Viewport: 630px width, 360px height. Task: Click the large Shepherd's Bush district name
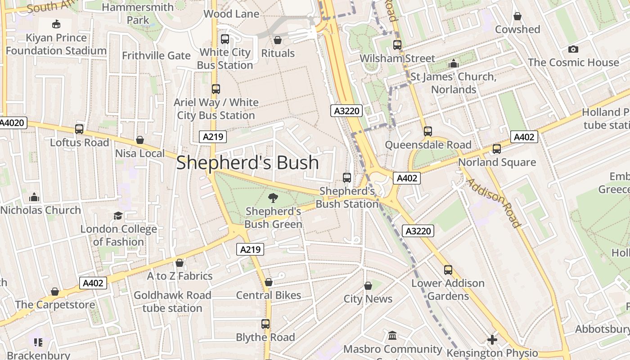click(x=247, y=162)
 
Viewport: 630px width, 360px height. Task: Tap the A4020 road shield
click(x=13, y=123)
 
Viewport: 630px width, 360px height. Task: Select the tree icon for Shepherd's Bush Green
click(x=273, y=198)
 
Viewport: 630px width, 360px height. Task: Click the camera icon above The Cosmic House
click(x=573, y=49)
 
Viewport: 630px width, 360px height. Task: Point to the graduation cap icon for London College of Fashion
click(x=118, y=216)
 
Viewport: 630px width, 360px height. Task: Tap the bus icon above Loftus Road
click(x=79, y=129)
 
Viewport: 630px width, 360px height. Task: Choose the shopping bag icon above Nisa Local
click(x=140, y=140)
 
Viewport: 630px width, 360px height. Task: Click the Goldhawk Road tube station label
click(x=172, y=301)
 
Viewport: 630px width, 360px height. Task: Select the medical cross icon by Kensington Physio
click(x=492, y=340)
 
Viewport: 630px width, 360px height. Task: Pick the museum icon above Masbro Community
click(x=392, y=336)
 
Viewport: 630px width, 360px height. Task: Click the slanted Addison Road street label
click(x=493, y=202)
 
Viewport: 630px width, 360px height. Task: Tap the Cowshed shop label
click(x=517, y=29)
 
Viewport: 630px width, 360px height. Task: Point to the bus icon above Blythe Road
click(x=265, y=324)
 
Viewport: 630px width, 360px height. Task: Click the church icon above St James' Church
click(x=454, y=63)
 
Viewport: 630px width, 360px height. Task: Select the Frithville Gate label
click(x=156, y=56)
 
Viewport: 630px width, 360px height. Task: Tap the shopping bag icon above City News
click(x=368, y=286)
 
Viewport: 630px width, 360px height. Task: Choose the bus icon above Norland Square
click(x=497, y=149)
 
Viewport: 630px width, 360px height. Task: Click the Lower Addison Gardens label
click(x=448, y=289)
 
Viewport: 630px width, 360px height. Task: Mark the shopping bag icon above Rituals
click(x=278, y=40)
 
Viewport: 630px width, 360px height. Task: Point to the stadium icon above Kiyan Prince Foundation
click(x=56, y=24)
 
